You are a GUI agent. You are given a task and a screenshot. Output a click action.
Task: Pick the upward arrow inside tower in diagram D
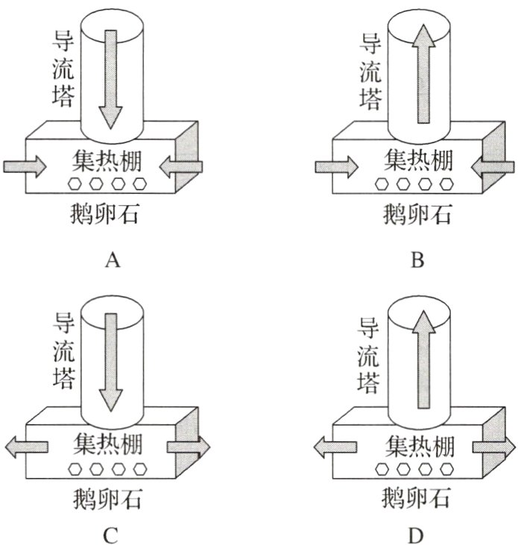[x=423, y=358]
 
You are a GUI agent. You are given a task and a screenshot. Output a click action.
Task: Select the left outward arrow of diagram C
[x=23, y=447]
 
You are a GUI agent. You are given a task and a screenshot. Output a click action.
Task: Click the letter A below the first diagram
[x=113, y=260]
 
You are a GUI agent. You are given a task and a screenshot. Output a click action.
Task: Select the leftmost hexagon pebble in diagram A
[x=75, y=183]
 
